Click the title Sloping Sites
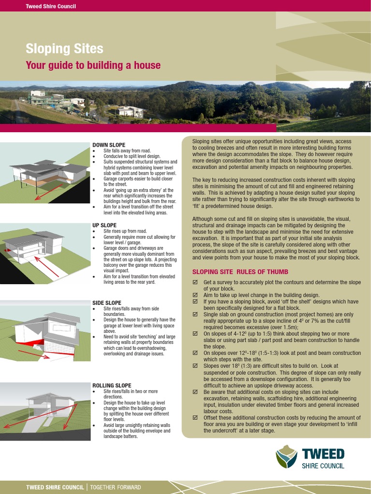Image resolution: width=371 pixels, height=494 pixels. (64, 49)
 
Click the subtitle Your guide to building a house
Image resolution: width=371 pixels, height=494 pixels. (93, 65)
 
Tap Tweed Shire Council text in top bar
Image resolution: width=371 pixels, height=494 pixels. (51, 6)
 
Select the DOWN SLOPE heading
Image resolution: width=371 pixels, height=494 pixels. (109, 145)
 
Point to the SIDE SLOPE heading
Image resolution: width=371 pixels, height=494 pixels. (107, 302)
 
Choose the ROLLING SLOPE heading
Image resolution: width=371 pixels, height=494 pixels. (112, 385)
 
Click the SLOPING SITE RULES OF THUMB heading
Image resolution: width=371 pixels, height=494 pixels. (240, 272)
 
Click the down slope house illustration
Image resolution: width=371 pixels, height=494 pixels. (46, 174)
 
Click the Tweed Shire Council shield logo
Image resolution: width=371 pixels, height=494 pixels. (286, 456)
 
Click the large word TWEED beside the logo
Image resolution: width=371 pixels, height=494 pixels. (323, 454)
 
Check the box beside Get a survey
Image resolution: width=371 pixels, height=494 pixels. (195, 282)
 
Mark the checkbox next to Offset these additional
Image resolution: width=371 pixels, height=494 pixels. (195, 418)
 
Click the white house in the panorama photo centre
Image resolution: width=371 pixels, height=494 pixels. (130, 111)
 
